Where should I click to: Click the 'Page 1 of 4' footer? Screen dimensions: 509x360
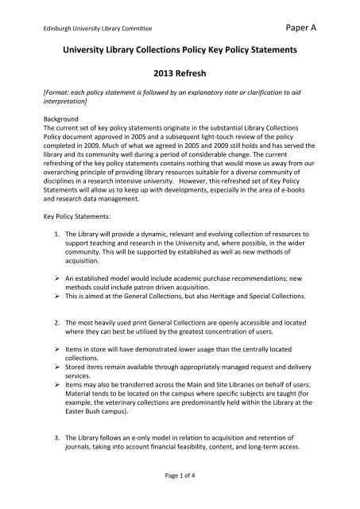coord(180,495)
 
